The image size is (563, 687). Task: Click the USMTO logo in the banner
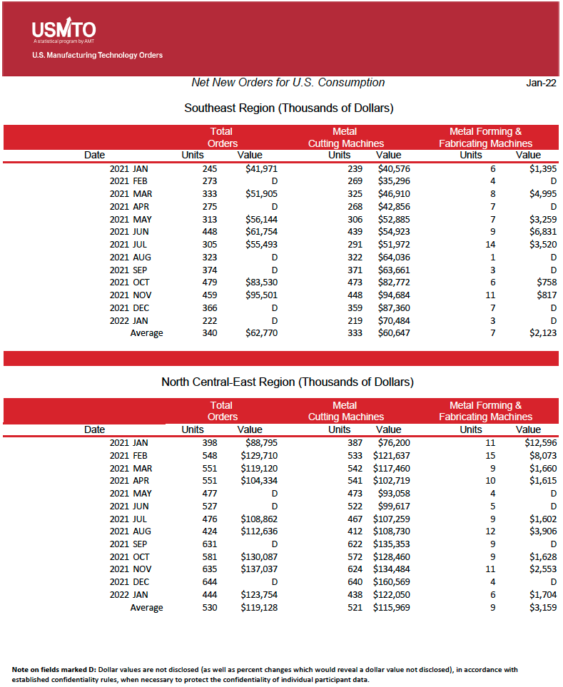(64, 31)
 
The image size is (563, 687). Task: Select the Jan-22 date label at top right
(541, 83)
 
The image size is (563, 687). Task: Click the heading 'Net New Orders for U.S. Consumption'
(288, 83)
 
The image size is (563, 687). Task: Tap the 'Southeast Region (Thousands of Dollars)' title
(289, 108)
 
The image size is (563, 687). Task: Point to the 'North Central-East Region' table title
(288, 382)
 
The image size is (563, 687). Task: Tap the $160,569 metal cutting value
(391, 581)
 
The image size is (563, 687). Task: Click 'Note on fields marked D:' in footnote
(54, 669)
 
